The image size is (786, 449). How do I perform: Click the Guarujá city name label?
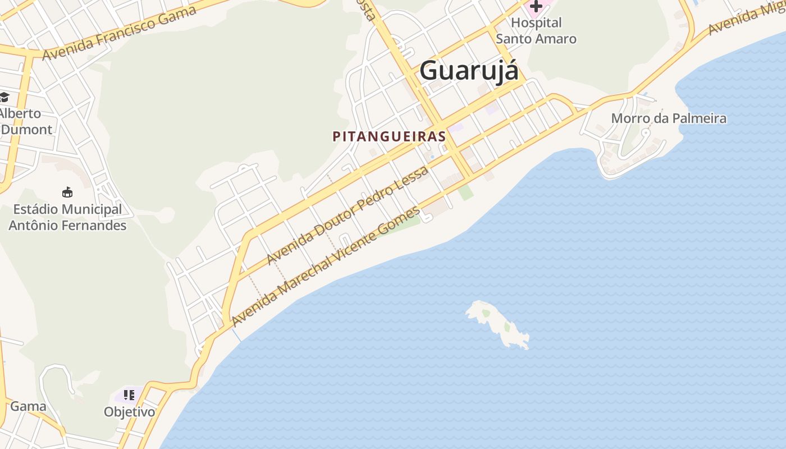coord(469,71)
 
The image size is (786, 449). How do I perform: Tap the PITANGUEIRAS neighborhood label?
coord(389,136)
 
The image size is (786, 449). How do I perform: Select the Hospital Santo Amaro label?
coord(536,31)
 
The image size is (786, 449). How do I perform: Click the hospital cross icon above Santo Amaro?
coord(536,6)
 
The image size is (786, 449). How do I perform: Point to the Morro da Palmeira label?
coord(669,118)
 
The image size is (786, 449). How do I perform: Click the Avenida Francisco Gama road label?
coord(120,34)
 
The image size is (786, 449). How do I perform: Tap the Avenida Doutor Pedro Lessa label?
coord(348,214)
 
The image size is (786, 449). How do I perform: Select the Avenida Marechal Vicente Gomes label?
coord(326,267)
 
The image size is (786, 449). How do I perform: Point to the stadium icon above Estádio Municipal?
coord(67,193)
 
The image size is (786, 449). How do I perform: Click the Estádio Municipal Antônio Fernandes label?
coord(67,218)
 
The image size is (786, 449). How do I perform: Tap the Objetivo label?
coord(129,412)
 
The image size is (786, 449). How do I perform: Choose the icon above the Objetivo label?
coord(129,395)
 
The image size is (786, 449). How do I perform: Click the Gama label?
coord(28,406)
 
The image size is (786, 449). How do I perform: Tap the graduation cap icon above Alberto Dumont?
coord(4,97)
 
